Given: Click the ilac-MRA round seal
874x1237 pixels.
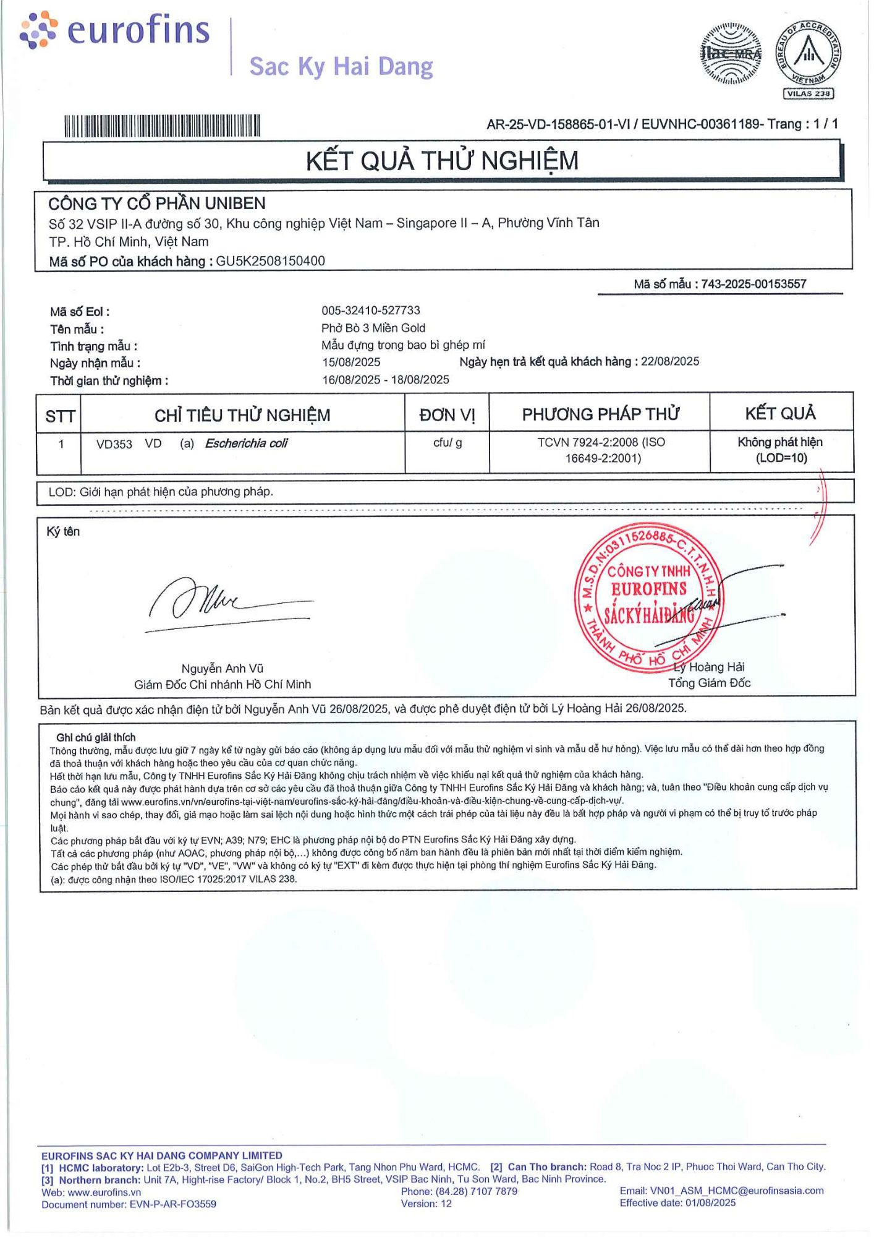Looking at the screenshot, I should click(x=731, y=54).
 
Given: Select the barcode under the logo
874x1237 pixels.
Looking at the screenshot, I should click(x=162, y=126).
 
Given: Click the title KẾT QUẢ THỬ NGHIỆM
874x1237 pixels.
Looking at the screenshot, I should click(x=442, y=161).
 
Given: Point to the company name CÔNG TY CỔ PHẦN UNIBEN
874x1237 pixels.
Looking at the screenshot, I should click(x=157, y=203).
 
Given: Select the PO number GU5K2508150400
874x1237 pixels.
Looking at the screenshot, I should click(x=270, y=261).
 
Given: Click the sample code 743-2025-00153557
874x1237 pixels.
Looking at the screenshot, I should click(x=753, y=284).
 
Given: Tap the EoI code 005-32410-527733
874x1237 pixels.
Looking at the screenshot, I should click(x=370, y=310).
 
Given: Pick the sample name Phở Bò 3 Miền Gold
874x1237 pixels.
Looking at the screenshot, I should click(x=373, y=328).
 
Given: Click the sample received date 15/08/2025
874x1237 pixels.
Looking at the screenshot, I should click(x=351, y=362).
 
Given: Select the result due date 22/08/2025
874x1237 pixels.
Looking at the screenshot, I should click(x=669, y=361).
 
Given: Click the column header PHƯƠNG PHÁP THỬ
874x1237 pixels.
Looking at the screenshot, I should click(x=600, y=414).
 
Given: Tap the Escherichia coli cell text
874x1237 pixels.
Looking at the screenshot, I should click(x=246, y=443).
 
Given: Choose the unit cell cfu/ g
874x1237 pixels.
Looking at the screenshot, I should click(x=448, y=443).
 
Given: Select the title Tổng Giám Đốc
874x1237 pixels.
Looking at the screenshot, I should click(x=709, y=683).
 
